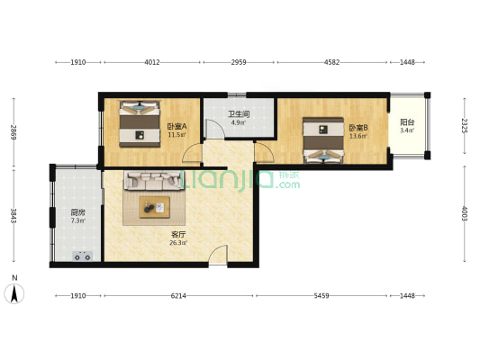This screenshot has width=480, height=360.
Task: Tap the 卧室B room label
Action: pyautogui.click(x=358, y=127)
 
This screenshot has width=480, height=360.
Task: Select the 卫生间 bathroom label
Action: pyautogui.click(x=239, y=114)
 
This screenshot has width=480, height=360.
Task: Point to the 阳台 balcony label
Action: pyautogui.click(x=407, y=122)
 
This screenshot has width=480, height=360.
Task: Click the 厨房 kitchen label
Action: pyautogui.click(x=78, y=212)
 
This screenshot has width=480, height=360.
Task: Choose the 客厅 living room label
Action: pyautogui.click(x=178, y=235)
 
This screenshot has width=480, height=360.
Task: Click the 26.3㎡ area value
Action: pyautogui.click(x=178, y=243)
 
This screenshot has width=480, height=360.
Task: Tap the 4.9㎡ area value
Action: pyautogui.click(x=239, y=123)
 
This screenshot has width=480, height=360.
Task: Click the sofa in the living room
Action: pyautogui.click(x=154, y=181)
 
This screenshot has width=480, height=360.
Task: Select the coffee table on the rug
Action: pyautogui.click(x=154, y=207)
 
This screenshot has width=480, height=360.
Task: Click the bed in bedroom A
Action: pyautogui.click(x=140, y=124)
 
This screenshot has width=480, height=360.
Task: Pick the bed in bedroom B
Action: pyautogui.click(x=323, y=140)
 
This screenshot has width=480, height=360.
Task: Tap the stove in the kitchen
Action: pyautogui.click(x=82, y=256)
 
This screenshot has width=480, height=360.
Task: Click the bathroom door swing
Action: pyautogui.click(x=214, y=129)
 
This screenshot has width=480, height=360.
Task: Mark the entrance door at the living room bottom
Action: pyautogui.click(x=218, y=255)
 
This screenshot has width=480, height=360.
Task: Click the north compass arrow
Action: pyautogui.click(x=14, y=293)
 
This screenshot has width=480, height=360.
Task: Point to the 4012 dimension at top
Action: pyautogui.click(x=152, y=62)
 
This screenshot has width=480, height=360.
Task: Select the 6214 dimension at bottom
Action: pyautogui.click(x=178, y=296)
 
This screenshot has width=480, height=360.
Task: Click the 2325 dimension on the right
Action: pyautogui.click(x=465, y=126)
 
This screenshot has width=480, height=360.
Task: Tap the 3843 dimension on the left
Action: pyautogui.click(x=14, y=216)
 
